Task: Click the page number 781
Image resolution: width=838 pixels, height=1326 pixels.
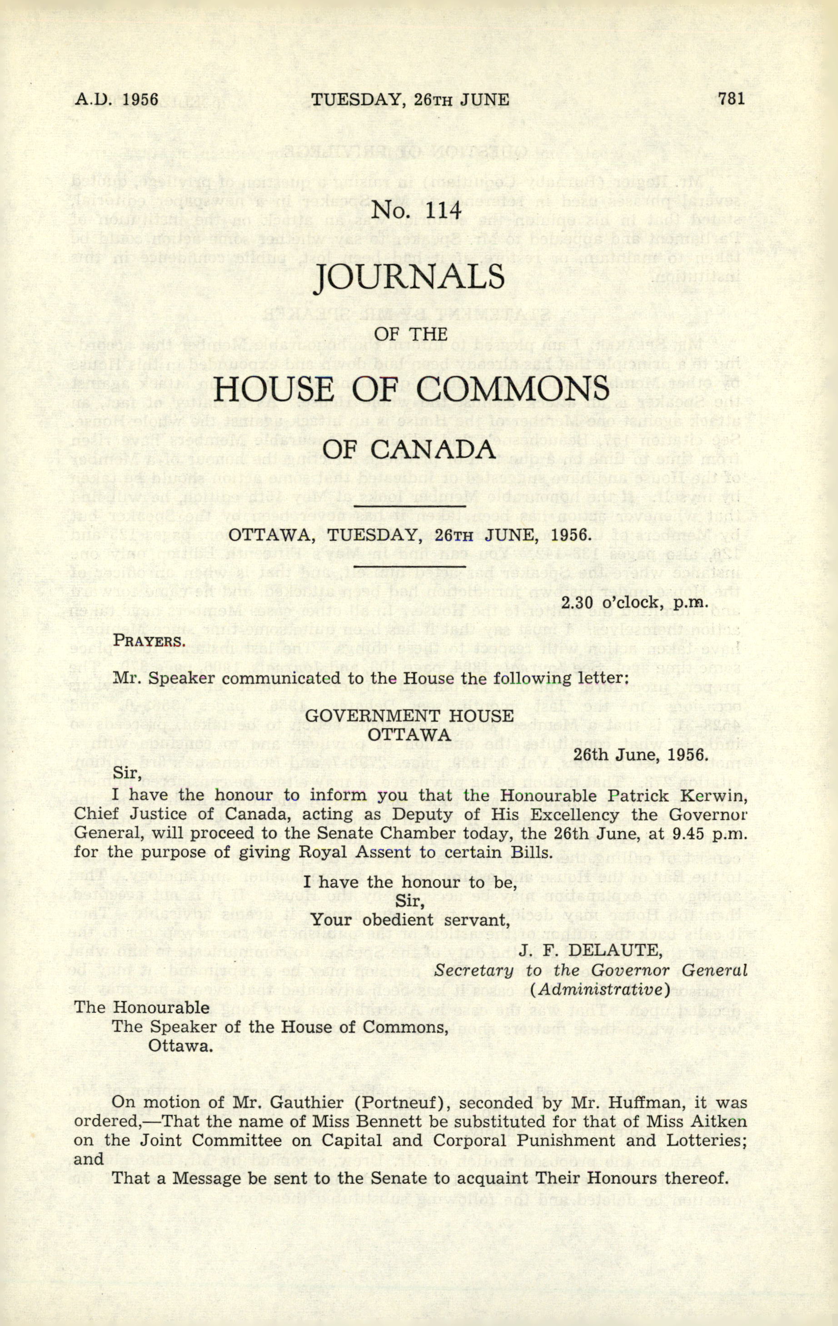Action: [731, 99]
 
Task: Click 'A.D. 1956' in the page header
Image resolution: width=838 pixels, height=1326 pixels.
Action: [116, 100]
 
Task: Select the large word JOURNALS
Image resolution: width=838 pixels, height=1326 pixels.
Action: [409, 277]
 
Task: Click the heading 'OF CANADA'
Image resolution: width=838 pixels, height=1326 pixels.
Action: [409, 449]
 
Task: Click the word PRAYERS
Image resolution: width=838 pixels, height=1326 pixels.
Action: [148, 641]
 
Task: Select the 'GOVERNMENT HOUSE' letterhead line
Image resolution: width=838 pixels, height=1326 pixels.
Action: [409, 716]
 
